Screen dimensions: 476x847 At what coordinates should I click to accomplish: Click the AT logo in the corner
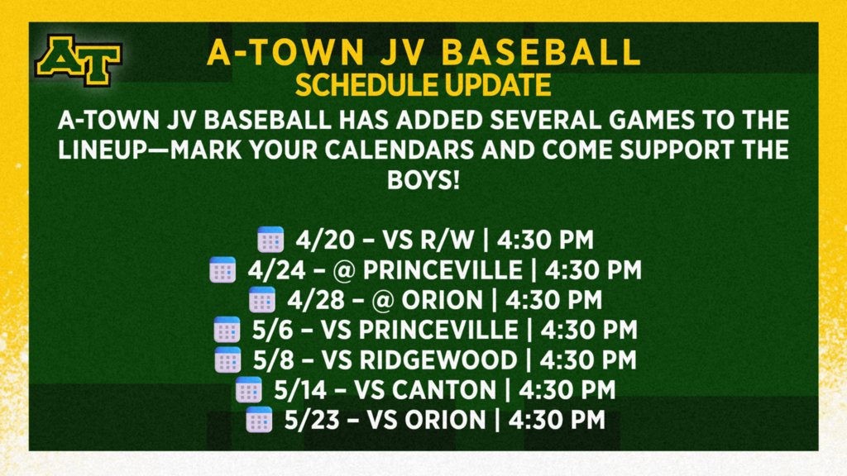click(x=78, y=60)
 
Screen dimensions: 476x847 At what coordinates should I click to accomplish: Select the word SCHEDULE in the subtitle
click(x=366, y=84)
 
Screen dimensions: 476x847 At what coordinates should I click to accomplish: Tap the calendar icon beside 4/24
click(x=223, y=270)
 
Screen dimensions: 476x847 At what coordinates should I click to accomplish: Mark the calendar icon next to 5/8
click(x=227, y=360)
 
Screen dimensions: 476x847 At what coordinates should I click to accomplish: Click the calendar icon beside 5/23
click(x=259, y=420)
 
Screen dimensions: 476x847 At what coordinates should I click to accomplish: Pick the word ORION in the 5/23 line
click(x=447, y=420)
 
